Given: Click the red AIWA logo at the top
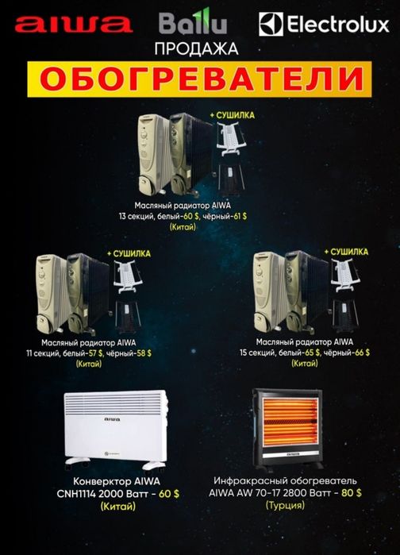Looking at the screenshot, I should [71, 25].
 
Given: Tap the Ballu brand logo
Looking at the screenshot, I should [193, 24].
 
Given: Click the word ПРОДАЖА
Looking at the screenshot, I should [198, 49].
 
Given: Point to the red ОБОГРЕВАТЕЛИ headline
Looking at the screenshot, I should [199, 79].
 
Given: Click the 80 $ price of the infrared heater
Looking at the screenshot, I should [352, 492].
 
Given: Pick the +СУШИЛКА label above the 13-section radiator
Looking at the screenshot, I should [233, 116].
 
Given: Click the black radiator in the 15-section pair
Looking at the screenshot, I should [305, 290].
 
